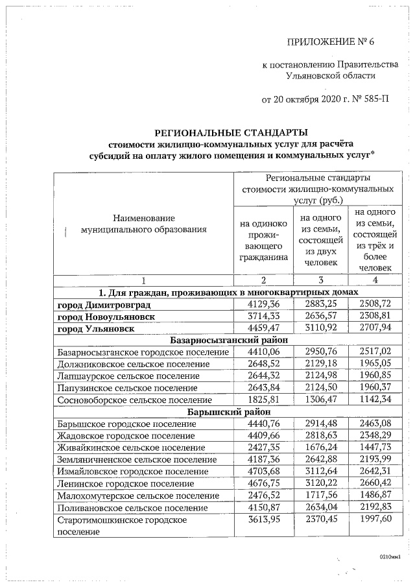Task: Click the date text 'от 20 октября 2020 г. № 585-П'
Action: click(x=317, y=100)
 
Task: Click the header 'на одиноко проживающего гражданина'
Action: click(x=263, y=241)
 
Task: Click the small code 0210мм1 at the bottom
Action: click(x=390, y=557)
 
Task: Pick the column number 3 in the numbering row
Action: click(x=320, y=280)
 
